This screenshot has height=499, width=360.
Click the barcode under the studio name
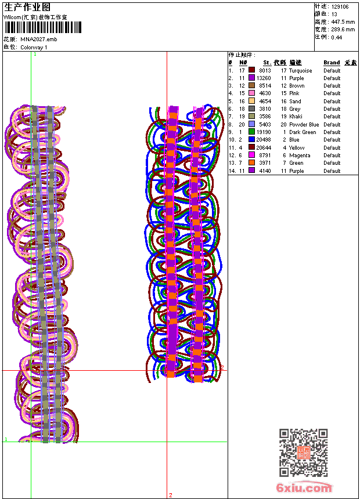43,27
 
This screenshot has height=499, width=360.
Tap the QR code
304,453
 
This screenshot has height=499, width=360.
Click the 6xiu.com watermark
304,487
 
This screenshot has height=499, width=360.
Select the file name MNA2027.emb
39,39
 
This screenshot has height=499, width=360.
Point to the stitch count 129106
340,7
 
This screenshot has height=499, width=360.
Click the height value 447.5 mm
343,22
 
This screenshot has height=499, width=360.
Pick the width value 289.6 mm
343,30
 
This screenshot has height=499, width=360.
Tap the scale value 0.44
336,38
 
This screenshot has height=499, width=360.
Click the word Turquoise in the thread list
300,71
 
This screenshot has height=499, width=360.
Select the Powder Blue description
304,124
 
